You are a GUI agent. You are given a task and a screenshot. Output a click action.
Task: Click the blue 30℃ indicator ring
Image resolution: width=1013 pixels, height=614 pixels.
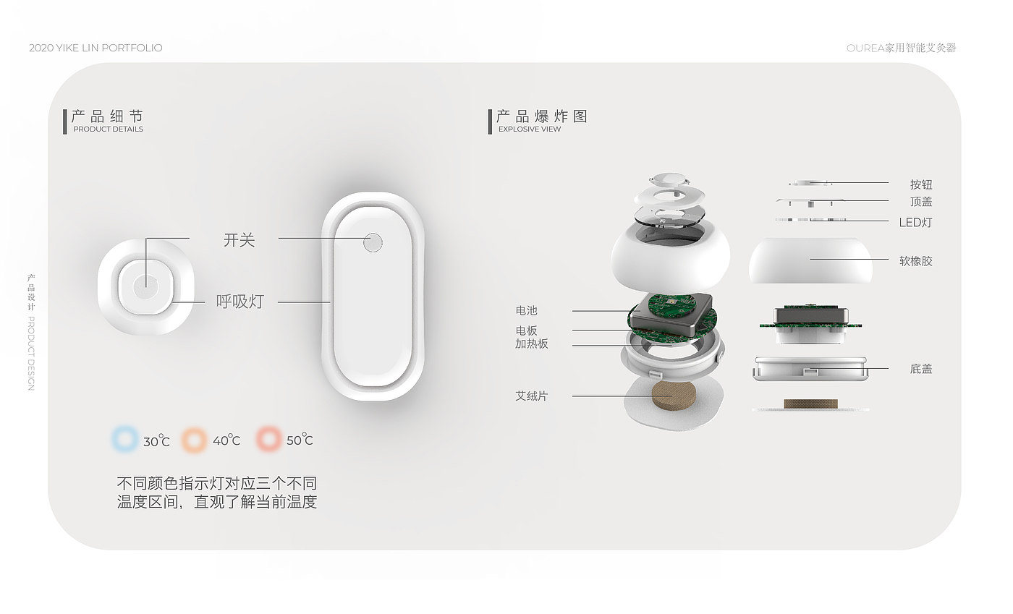coord(125,439)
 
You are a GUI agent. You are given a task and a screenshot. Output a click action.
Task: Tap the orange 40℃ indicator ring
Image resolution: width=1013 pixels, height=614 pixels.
coord(195,439)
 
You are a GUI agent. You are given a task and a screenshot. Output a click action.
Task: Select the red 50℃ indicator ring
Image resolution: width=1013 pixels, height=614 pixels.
coord(268,439)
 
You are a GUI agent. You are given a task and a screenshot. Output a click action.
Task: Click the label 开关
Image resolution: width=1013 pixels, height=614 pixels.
coord(240,239)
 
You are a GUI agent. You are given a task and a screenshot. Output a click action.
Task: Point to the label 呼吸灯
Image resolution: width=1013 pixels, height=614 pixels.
coord(240,302)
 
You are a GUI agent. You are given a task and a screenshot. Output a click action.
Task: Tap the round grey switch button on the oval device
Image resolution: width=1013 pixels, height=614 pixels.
coord(373,243)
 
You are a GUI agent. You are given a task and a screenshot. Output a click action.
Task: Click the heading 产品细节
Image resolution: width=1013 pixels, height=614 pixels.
coord(108,116)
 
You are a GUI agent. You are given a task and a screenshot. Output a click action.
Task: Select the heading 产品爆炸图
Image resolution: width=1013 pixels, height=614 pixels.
coord(542,116)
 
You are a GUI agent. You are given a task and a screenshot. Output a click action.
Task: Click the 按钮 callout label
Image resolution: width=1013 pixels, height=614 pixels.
coord(921,184)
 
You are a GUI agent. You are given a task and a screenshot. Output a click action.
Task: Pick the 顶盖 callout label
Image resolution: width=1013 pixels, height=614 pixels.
coord(921,202)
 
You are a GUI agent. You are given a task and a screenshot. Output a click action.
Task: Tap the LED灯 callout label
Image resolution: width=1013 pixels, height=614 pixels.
coord(915,222)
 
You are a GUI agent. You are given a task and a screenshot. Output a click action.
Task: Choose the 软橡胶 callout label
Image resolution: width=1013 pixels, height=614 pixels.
coord(915,261)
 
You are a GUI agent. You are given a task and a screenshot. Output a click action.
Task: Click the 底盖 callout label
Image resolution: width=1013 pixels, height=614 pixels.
coord(921,369)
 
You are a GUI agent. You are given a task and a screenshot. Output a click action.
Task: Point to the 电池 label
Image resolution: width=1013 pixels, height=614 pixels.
coord(527,311)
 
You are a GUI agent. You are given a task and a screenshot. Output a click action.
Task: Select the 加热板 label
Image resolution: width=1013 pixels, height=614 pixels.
coord(532,344)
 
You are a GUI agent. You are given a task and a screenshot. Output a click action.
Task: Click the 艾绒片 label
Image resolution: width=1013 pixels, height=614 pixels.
coord(532,396)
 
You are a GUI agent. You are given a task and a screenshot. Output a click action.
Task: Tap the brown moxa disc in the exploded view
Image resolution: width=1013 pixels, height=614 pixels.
coord(673,396)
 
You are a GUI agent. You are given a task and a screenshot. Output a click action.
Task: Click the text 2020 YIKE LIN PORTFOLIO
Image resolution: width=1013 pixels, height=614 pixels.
coord(96,48)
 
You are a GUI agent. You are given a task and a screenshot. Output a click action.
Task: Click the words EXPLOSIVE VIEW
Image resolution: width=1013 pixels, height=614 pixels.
coord(530,129)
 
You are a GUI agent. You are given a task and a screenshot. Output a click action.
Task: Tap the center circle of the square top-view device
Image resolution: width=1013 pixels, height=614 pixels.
coord(146,286)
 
